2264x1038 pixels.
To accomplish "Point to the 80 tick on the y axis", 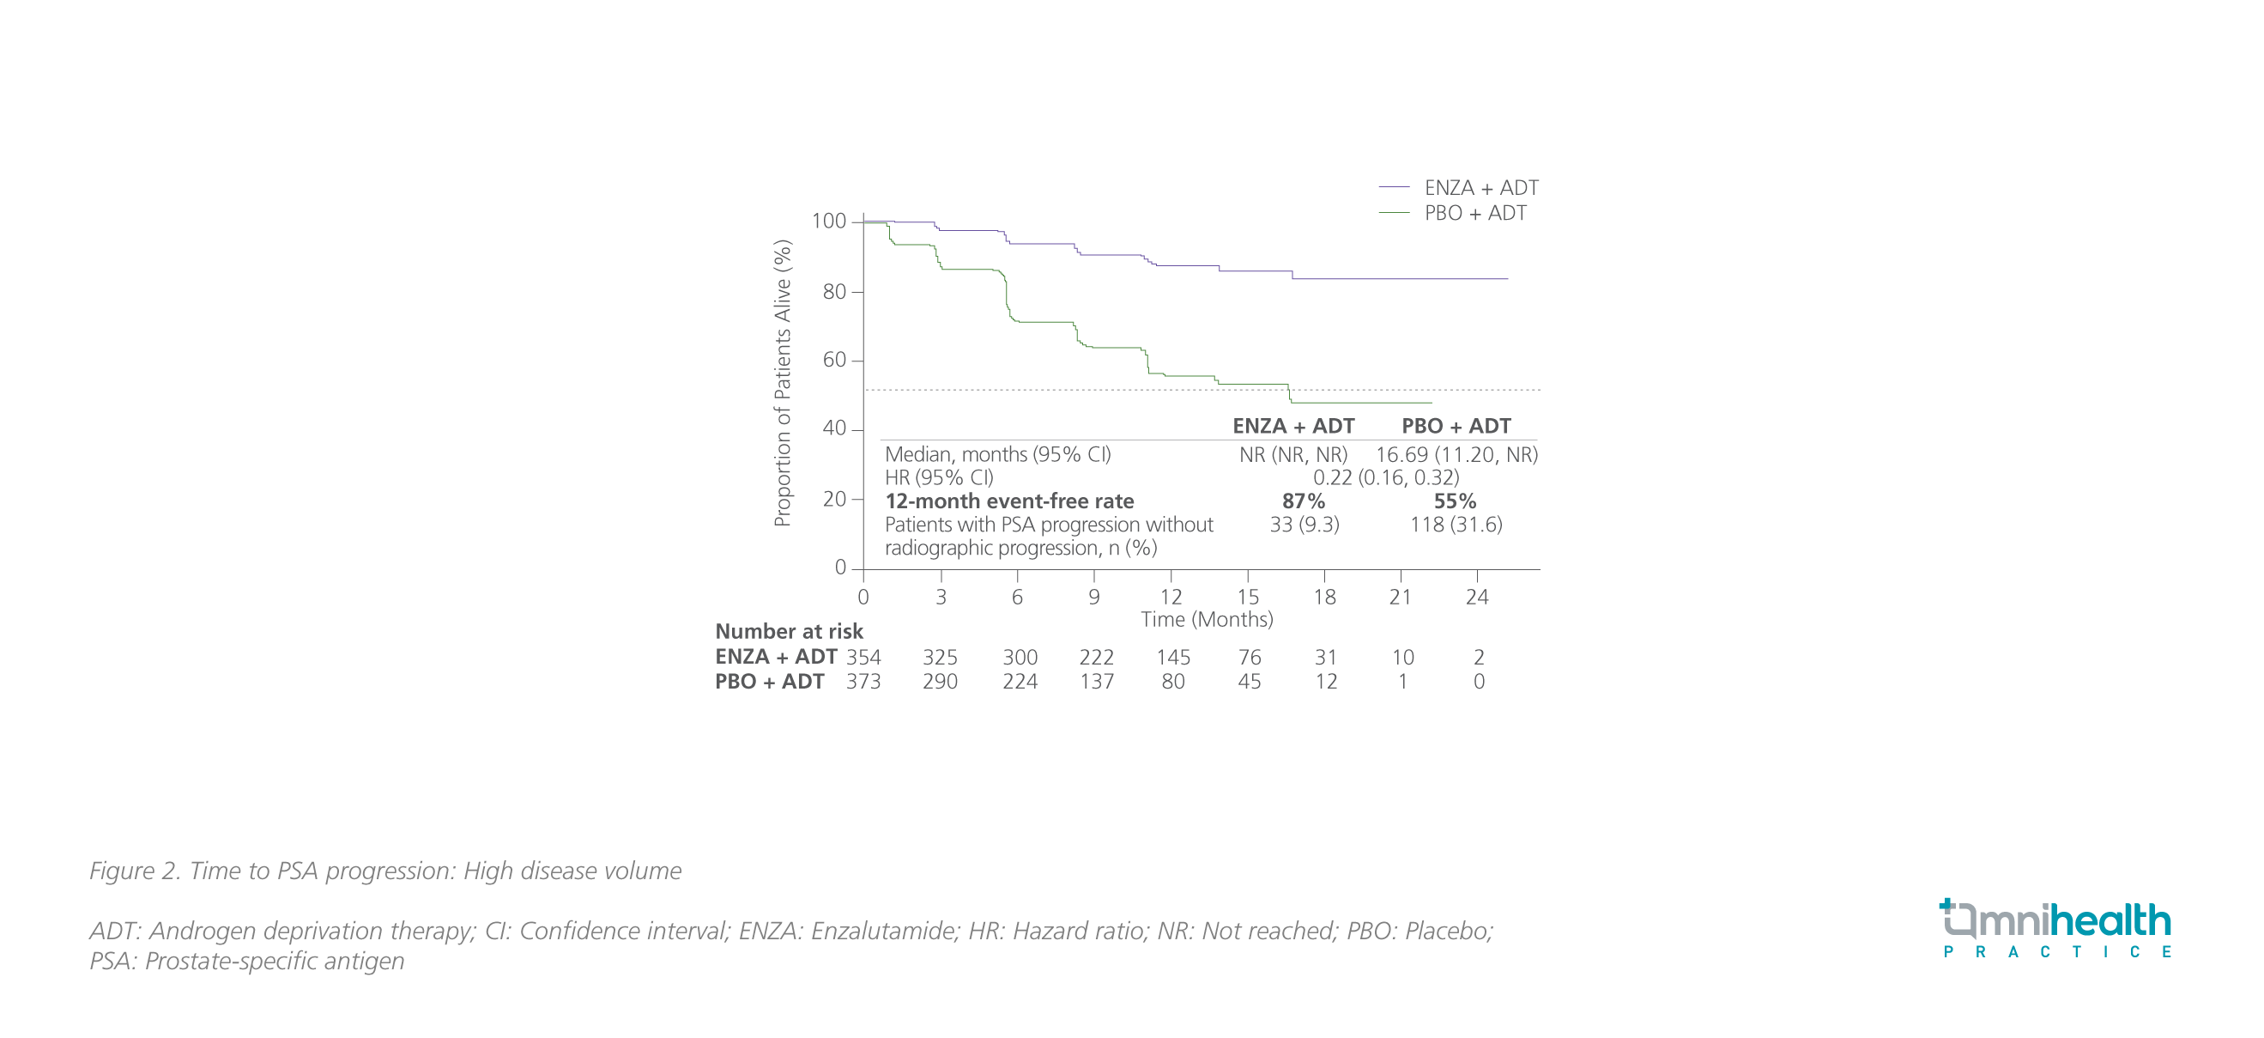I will [834, 292].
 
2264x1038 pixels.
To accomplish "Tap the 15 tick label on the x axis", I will [1247, 598].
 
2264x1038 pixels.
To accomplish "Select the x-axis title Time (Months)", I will [1206, 620].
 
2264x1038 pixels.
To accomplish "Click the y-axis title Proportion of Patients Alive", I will [782, 384].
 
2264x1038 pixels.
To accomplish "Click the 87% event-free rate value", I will [1303, 502].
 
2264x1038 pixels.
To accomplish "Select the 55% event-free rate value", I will [1455, 502].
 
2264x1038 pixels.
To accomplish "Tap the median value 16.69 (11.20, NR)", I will [1456, 455].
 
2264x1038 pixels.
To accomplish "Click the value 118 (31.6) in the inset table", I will [1456, 525].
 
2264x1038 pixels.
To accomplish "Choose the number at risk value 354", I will [863, 658].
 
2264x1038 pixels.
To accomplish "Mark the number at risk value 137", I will [1096, 682].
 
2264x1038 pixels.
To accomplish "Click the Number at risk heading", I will [789, 632].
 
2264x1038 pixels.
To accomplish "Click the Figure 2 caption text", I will [385, 871].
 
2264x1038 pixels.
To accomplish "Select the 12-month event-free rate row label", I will [1009, 502].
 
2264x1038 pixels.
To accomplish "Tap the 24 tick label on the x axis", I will [1476, 598].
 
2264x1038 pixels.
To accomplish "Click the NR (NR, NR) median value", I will [1292, 455].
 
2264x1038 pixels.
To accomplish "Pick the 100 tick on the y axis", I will [828, 222].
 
